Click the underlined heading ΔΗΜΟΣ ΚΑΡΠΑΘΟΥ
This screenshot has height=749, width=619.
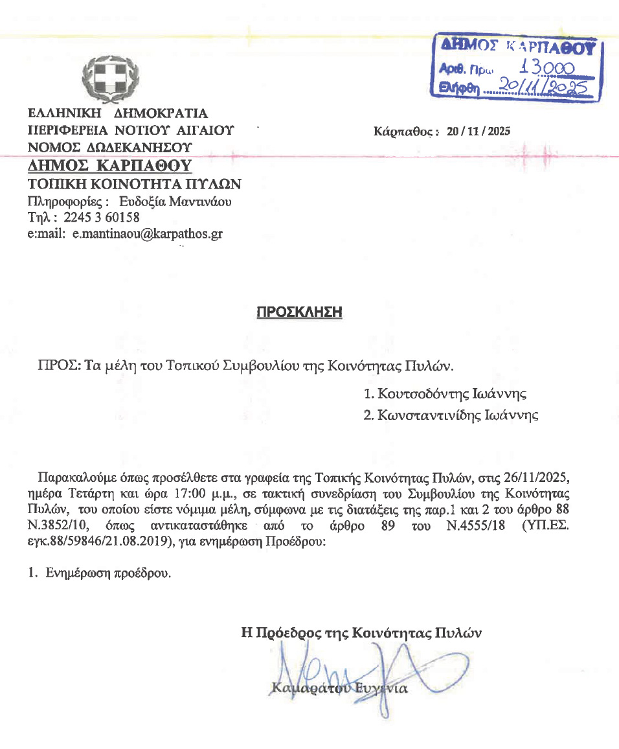109,166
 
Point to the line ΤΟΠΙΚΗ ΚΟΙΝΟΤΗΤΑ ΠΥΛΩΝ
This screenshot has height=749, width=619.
134,184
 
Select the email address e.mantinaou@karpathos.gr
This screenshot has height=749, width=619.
147,234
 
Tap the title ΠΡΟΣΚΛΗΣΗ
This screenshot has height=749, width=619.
299,312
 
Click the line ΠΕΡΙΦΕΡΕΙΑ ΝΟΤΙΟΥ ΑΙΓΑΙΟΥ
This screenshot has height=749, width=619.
130,130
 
